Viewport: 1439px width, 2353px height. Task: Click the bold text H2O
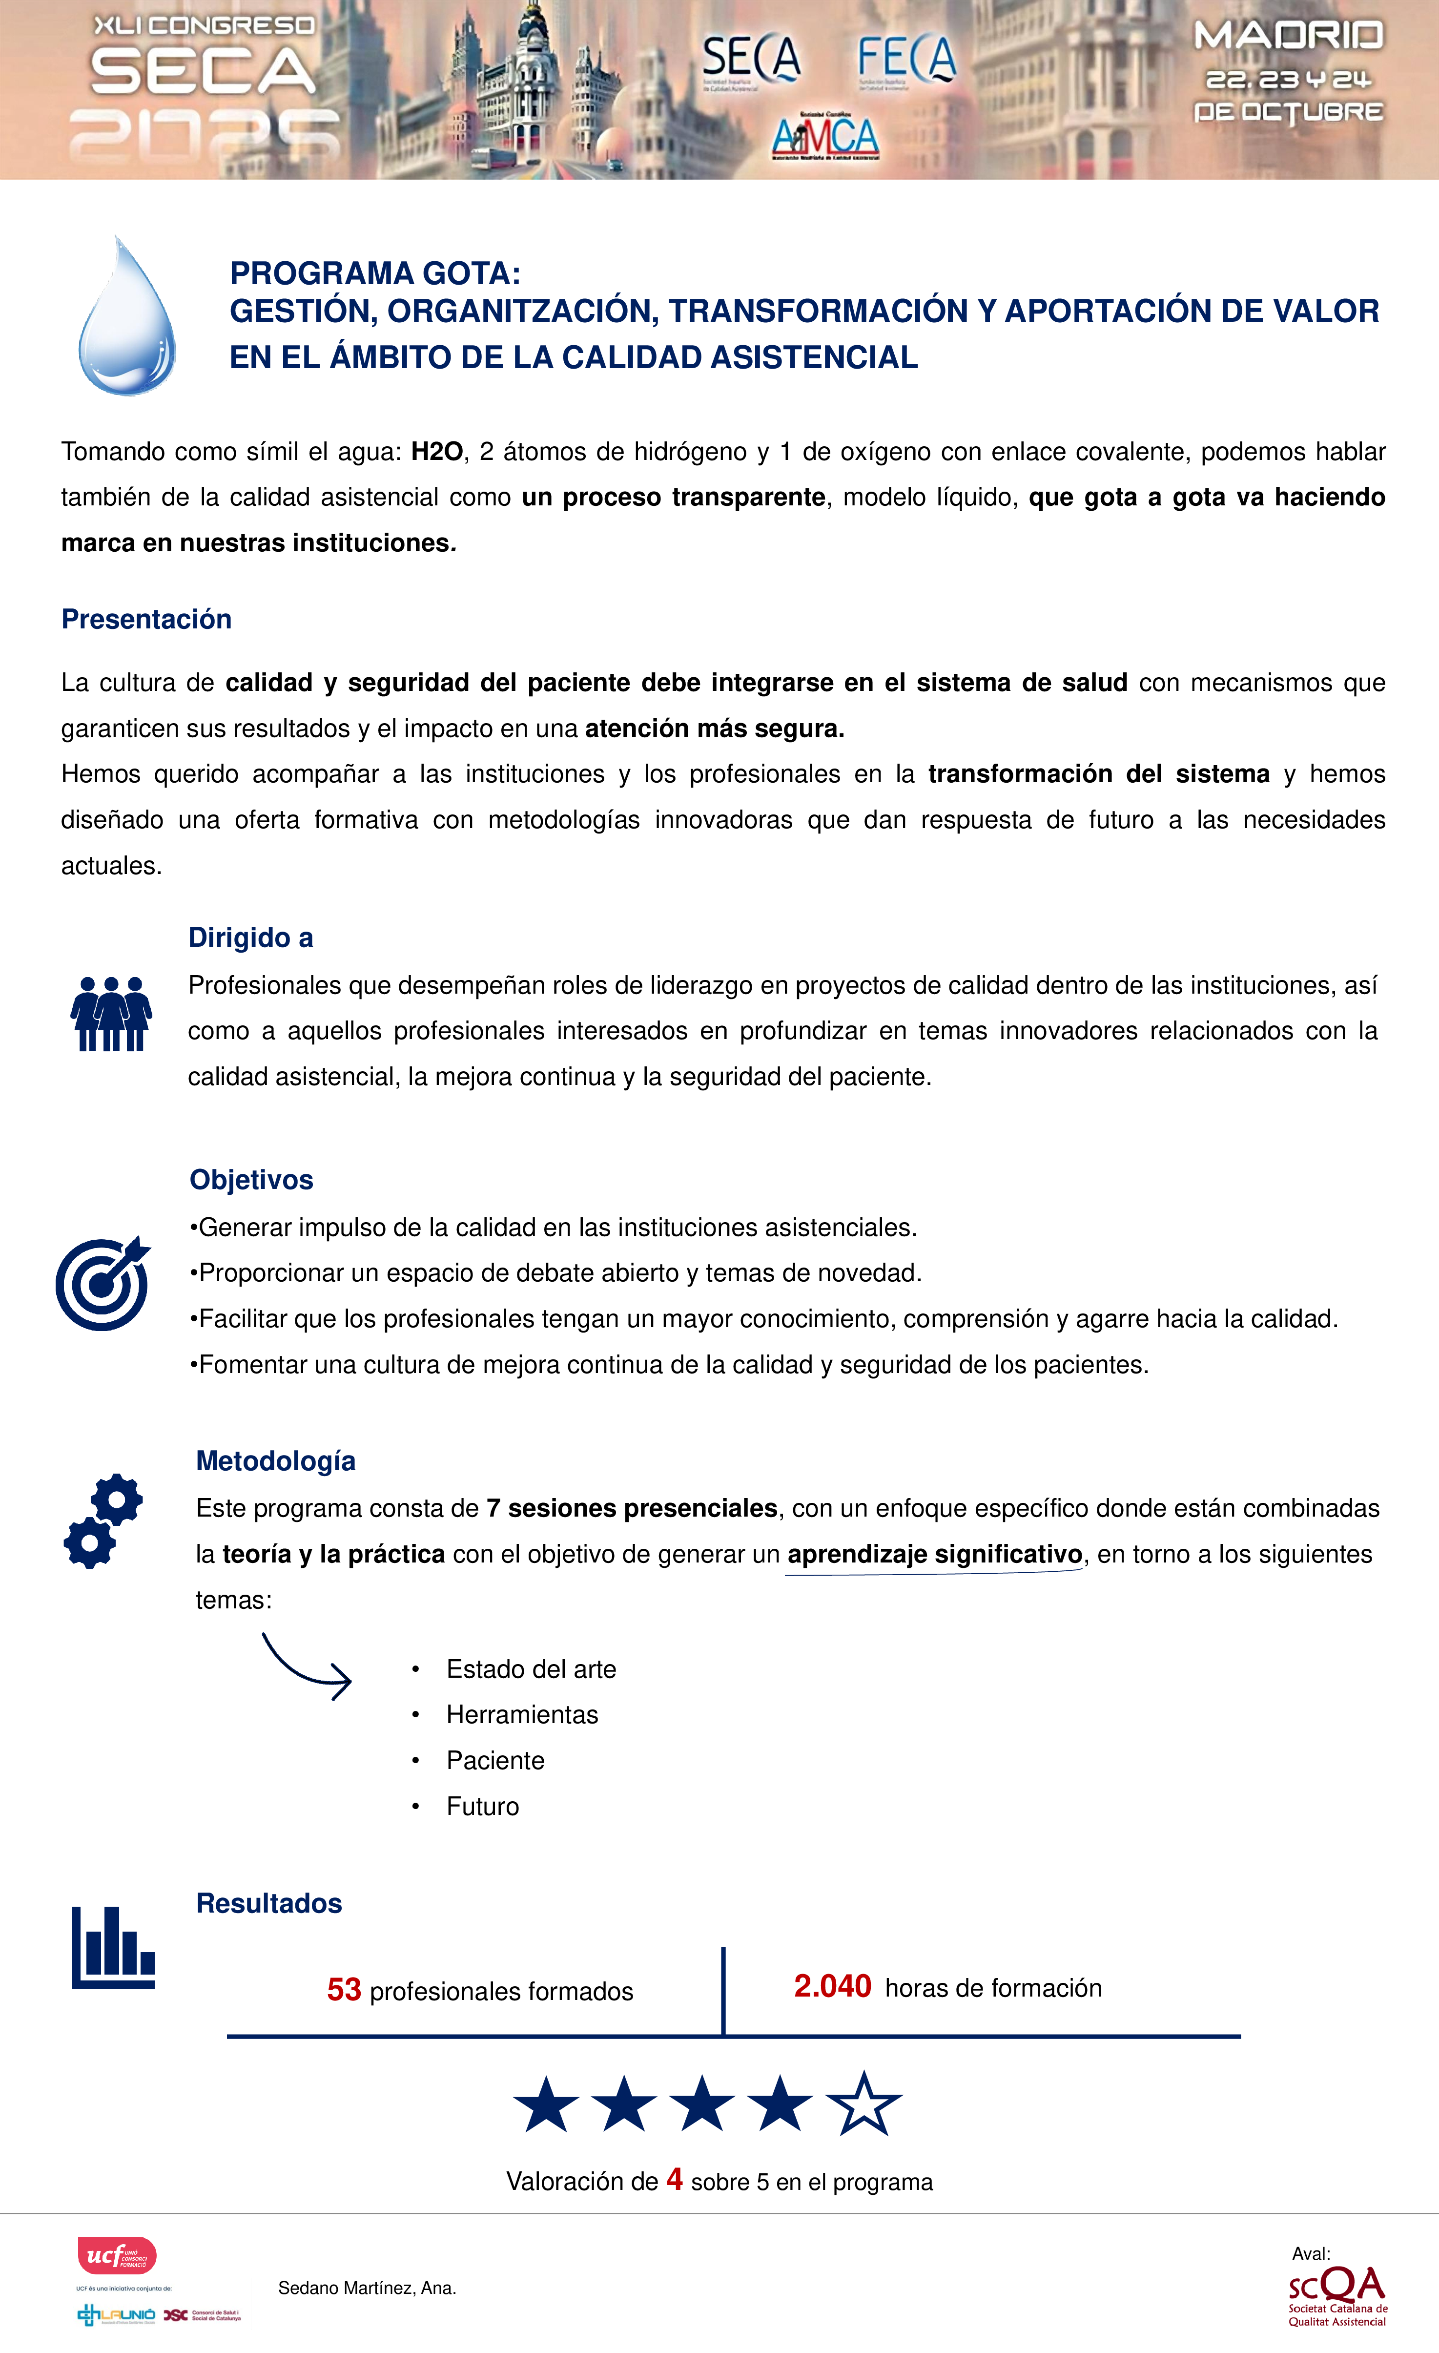pyautogui.click(x=436, y=452)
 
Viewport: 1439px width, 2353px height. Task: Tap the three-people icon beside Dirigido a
pyautogui.click(x=111, y=1014)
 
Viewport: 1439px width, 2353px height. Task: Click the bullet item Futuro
pyautogui.click(x=482, y=1807)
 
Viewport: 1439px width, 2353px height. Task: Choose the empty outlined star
pyautogui.click(x=863, y=2105)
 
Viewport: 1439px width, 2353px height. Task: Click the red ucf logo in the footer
pyautogui.click(x=117, y=2256)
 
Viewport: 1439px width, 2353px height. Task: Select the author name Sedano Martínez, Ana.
pyautogui.click(x=367, y=2288)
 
